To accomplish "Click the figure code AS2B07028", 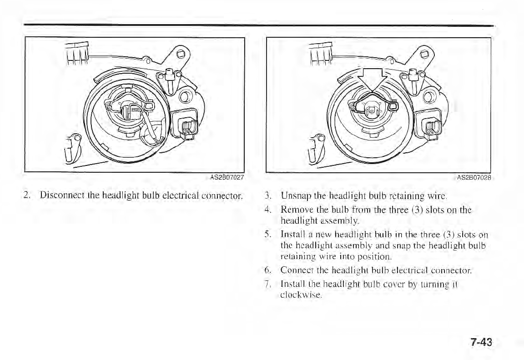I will (x=475, y=178).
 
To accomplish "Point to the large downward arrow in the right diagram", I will (x=372, y=81).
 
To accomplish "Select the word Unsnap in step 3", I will (x=294, y=197).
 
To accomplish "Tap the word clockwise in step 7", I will (x=299, y=295).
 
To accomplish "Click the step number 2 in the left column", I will (x=28, y=196).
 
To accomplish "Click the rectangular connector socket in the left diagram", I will (x=184, y=124).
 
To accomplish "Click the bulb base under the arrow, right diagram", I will (x=372, y=110).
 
